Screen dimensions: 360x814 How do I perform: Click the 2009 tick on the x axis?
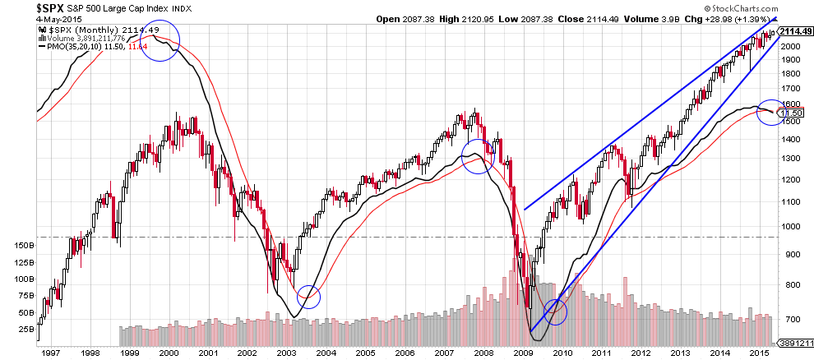click(x=524, y=353)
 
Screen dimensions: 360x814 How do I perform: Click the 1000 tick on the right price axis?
click(x=793, y=227)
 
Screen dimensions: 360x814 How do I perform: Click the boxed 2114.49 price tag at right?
click(x=795, y=31)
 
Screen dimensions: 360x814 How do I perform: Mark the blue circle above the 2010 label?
click(x=556, y=311)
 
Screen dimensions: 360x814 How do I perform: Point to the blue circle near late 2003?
click(x=308, y=296)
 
